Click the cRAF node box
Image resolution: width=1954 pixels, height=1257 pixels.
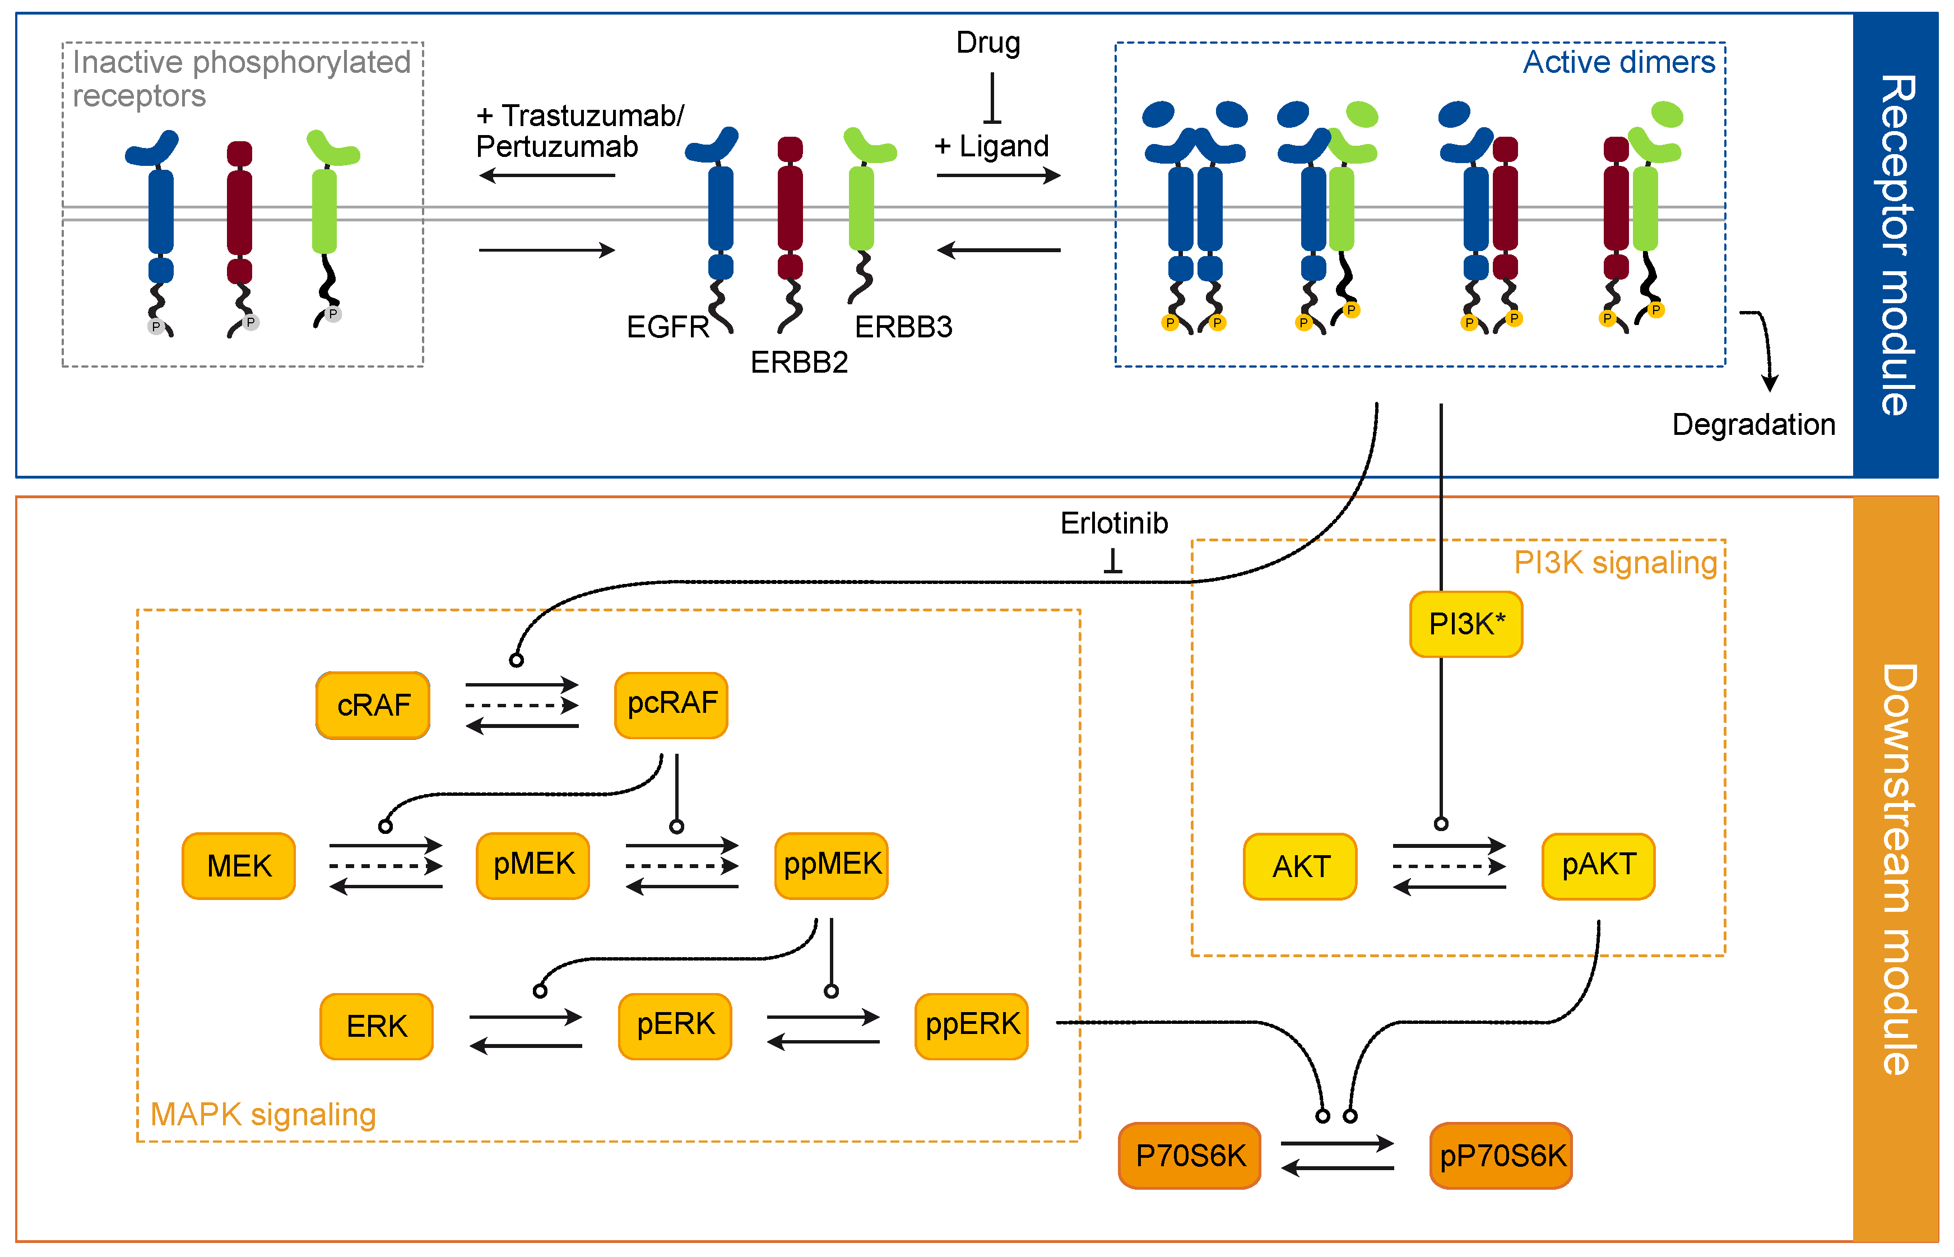click(373, 705)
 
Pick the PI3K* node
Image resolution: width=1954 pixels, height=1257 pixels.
click(1466, 624)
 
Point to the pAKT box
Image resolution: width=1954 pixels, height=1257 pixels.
click(1598, 866)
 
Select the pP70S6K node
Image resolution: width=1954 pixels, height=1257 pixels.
click(1501, 1156)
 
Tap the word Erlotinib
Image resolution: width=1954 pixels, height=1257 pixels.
click(1113, 523)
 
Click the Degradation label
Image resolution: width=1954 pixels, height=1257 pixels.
click(1753, 425)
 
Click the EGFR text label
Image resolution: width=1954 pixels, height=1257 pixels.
click(667, 327)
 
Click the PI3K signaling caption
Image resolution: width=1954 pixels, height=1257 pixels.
click(1616, 563)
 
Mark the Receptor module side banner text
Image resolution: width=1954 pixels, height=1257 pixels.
click(1895, 245)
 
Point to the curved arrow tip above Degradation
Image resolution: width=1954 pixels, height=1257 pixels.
click(1770, 385)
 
